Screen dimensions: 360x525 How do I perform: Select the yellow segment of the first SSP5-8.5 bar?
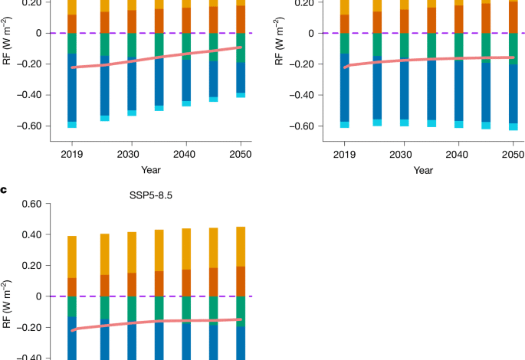(72, 257)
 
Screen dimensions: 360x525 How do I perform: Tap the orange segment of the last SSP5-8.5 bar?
(241, 281)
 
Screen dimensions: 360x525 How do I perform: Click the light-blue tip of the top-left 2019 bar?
(72, 124)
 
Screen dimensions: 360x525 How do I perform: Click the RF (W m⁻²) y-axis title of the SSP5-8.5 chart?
(8, 314)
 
